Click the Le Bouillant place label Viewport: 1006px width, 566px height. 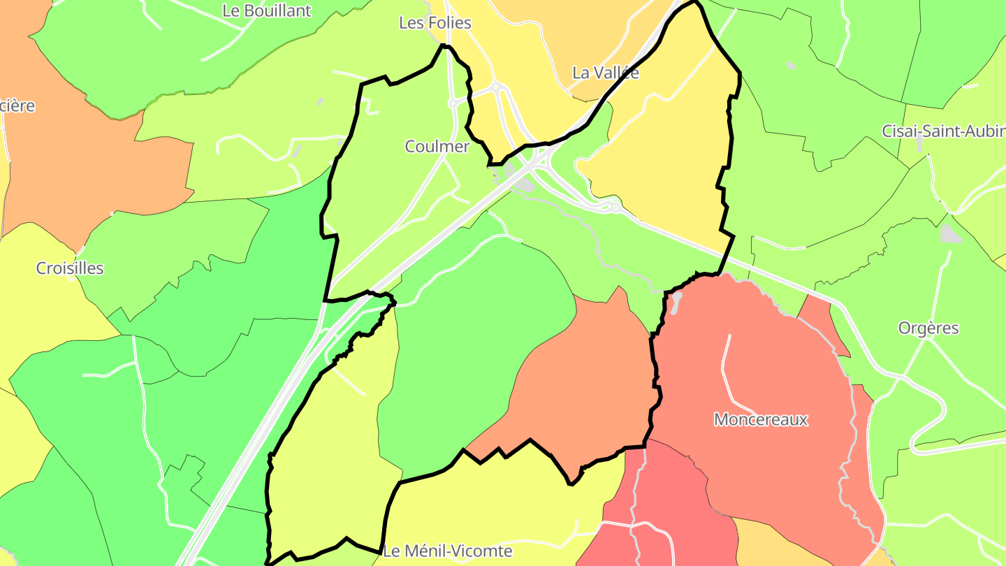(x=266, y=11)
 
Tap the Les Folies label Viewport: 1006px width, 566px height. (x=435, y=23)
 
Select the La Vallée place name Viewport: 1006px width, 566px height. (x=605, y=73)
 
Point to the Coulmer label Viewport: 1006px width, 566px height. (x=437, y=147)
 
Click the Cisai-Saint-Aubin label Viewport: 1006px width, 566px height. (x=942, y=131)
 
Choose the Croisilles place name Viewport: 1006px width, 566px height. (x=70, y=268)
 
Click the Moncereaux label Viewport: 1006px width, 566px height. (x=760, y=420)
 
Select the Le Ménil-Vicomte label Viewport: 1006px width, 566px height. (x=448, y=551)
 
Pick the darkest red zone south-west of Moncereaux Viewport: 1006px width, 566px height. (x=671, y=503)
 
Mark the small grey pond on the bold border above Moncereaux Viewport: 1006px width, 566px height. (x=676, y=300)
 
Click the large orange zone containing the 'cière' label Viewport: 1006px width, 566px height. (x=91, y=161)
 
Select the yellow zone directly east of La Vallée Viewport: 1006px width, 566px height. (x=671, y=140)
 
